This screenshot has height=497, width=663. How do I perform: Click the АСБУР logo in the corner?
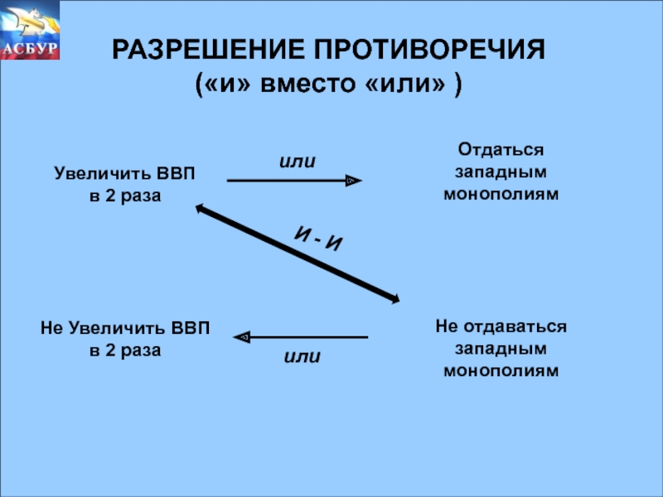coord(31,31)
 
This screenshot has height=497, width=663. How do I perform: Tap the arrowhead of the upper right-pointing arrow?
coord(354,180)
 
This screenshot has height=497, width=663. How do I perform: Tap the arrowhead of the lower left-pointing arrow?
coord(242,337)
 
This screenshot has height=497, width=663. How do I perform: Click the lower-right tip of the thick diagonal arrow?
coord(396,300)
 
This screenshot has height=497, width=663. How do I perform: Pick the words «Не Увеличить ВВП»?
coord(125,329)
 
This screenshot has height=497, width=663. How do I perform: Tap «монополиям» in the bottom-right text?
coord(501,370)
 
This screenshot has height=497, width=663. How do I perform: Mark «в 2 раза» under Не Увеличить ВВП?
coord(125,350)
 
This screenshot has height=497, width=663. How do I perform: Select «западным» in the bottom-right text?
coord(501,349)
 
